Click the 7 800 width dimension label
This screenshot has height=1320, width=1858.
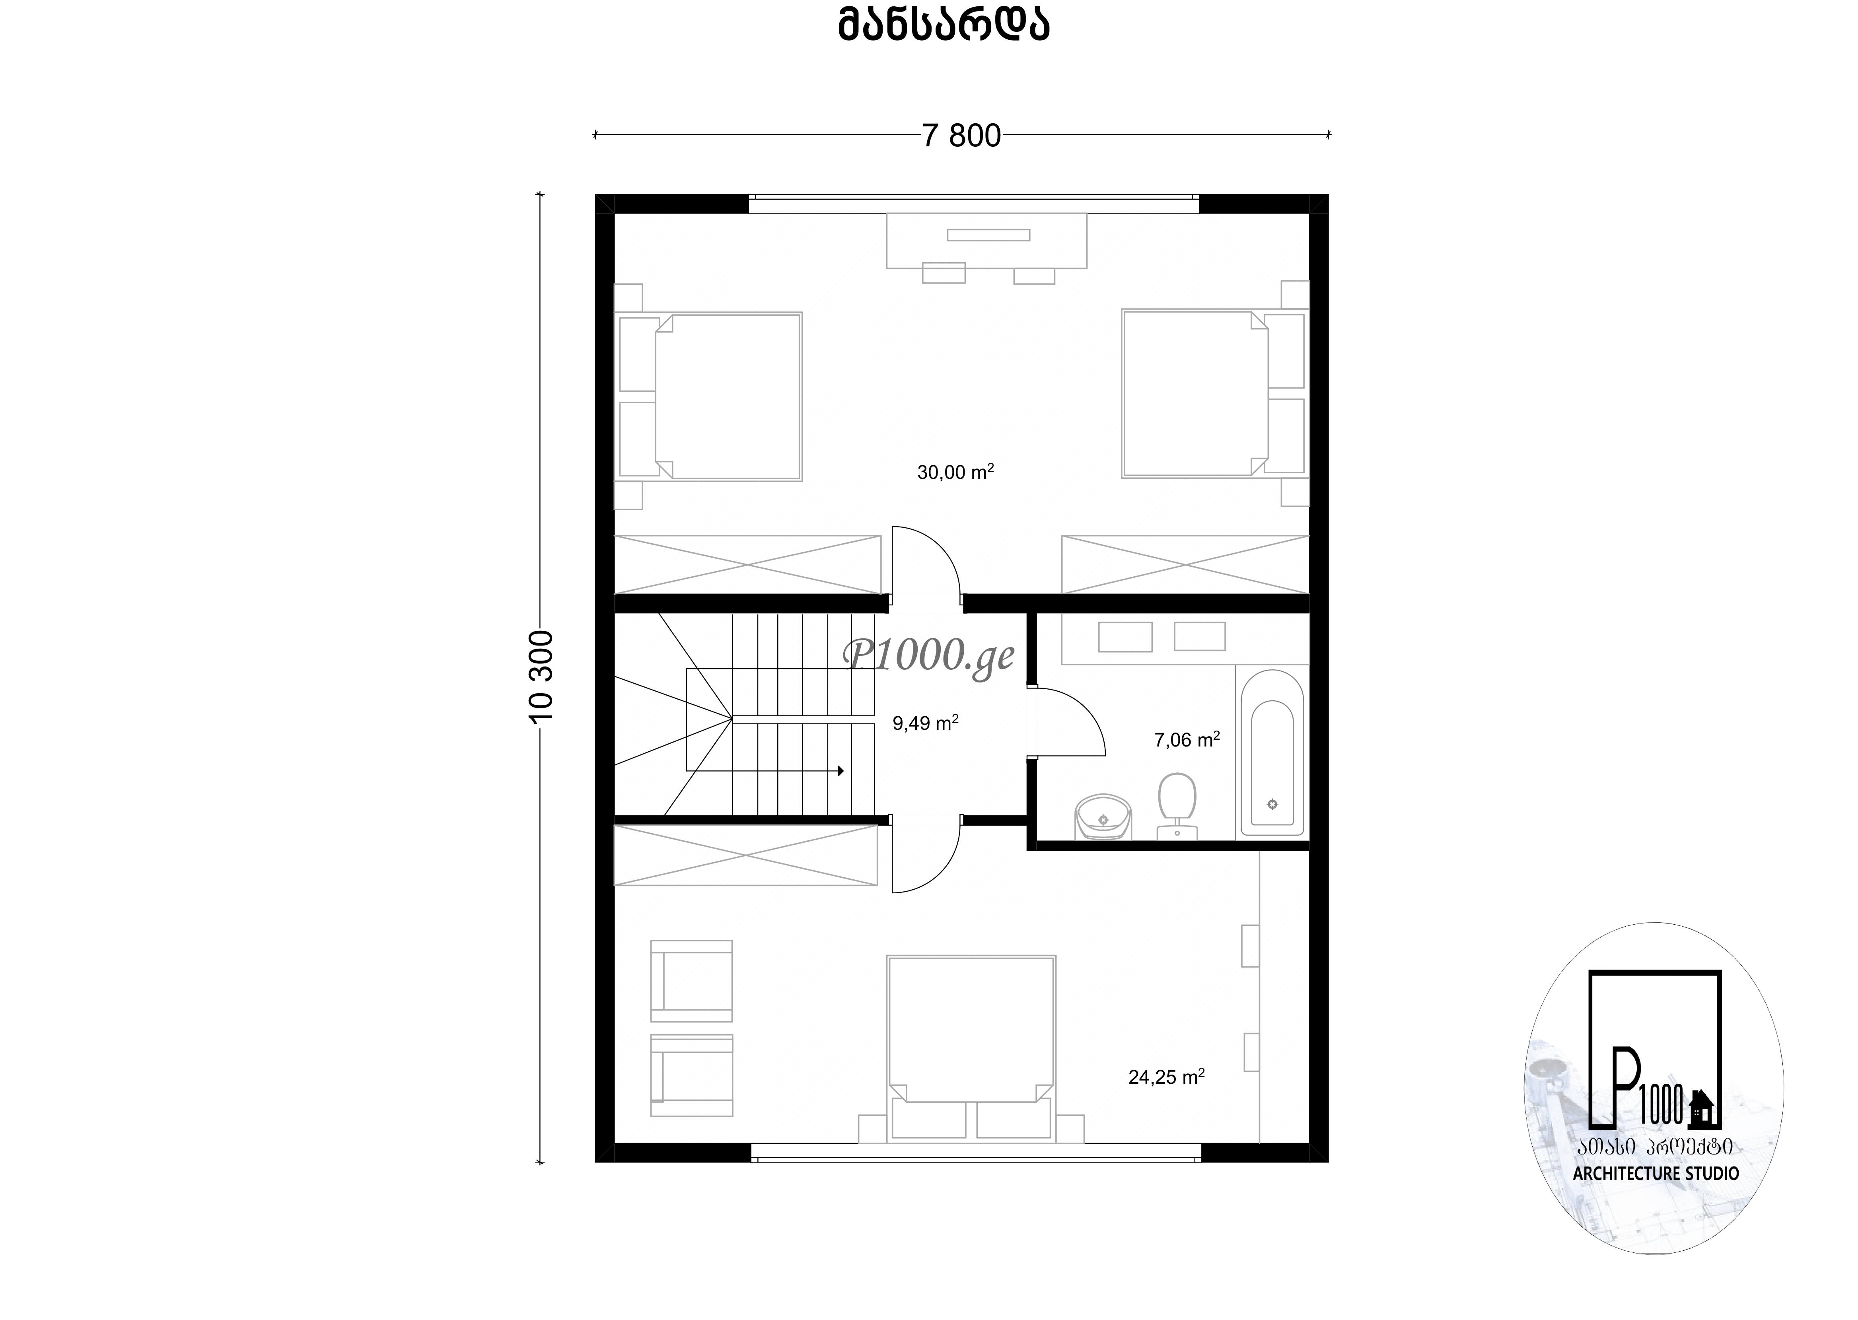961,136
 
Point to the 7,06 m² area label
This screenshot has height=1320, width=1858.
1187,739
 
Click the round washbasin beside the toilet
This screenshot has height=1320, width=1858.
1103,817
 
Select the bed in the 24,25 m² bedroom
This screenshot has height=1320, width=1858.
971,1048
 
